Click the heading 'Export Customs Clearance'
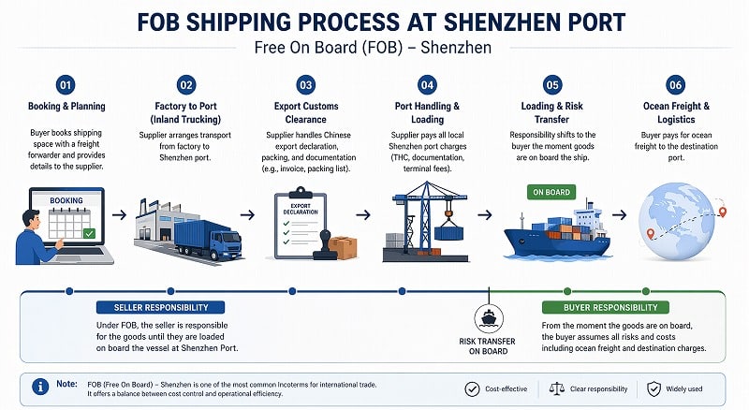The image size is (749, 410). click(x=306, y=113)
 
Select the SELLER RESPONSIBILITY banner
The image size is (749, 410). click(x=160, y=307)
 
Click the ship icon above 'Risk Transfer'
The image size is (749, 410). click(x=489, y=315)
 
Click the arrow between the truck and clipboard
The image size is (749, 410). click(x=247, y=214)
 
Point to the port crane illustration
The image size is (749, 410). click(x=431, y=215)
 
